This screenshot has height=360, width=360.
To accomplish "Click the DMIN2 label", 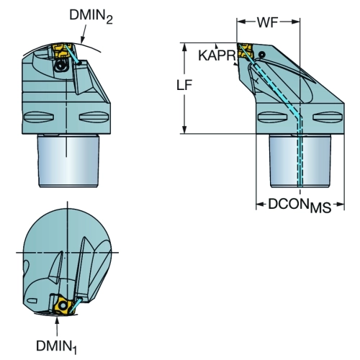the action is click(91, 17).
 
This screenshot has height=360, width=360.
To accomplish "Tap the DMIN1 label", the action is click(57, 347).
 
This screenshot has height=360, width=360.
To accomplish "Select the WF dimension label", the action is click(268, 22).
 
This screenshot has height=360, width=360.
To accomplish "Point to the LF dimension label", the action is click(184, 85).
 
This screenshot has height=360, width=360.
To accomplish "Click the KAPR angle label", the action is click(216, 55).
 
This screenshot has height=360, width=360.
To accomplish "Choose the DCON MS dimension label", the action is click(300, 206).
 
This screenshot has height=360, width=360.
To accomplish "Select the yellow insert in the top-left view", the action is click(61, 50).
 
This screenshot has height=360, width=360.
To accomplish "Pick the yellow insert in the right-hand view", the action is click(245, 51).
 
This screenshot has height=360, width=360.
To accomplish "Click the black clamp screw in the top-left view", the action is click(60, 66).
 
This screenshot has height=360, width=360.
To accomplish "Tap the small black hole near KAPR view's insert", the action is click(262, 55).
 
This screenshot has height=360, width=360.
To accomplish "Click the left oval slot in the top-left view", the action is click(39, 117).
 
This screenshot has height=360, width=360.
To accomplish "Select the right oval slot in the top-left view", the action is click(94, 117).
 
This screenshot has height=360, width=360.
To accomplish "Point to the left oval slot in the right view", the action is click(272, 117).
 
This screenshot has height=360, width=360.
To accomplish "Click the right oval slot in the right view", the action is click(328, 117).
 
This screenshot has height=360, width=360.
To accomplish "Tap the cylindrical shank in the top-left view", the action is click(68, 161).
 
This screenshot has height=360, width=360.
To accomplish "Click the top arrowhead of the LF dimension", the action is click(184, 48).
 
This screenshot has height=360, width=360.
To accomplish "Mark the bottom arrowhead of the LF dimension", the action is click(184, 129).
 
